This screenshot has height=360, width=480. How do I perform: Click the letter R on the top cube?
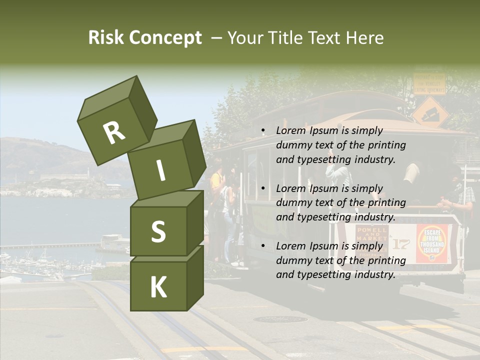pyautogui.click(x=114, y=133)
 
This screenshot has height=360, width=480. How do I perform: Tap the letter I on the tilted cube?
pyautogui.click(x=160, y=170)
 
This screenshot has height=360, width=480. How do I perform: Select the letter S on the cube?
pyautogui.click(x=158, y=231)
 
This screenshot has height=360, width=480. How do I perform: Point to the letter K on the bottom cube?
pyautogui.click(x=158, y=287)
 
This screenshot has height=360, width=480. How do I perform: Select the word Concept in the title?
pyautogui.click(x=165, y=38)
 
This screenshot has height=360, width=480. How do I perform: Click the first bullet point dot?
pyautogui.click(x=263, y=131)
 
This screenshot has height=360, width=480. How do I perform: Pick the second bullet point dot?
pyautogui.click(x=263, y=189)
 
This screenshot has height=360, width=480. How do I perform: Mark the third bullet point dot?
pyautogui.click(x=263, y=246)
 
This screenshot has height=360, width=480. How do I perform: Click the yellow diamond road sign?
pyautogui.click(x=430, y=112)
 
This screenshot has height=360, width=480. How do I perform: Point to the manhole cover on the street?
pyautogui.click(x=280, y=319)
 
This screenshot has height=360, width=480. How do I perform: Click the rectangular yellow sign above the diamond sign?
pyautogui.click(x=429, y=83)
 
